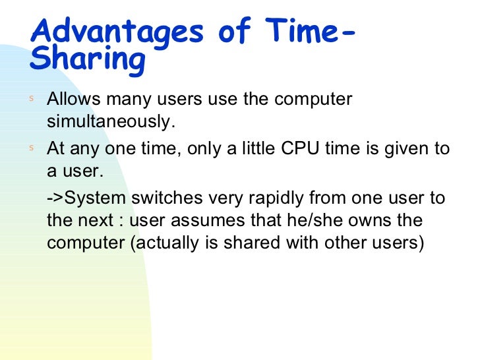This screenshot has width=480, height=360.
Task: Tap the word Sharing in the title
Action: pyautogui.click(x=87, y=61)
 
